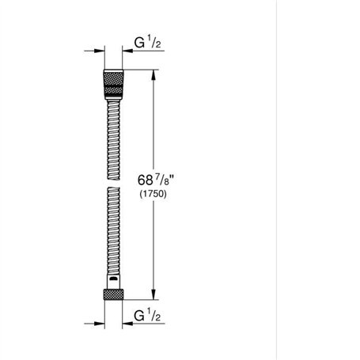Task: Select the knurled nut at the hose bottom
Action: [112, 292]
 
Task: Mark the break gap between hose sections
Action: [112, 188]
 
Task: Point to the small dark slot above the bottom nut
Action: [113, 279]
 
